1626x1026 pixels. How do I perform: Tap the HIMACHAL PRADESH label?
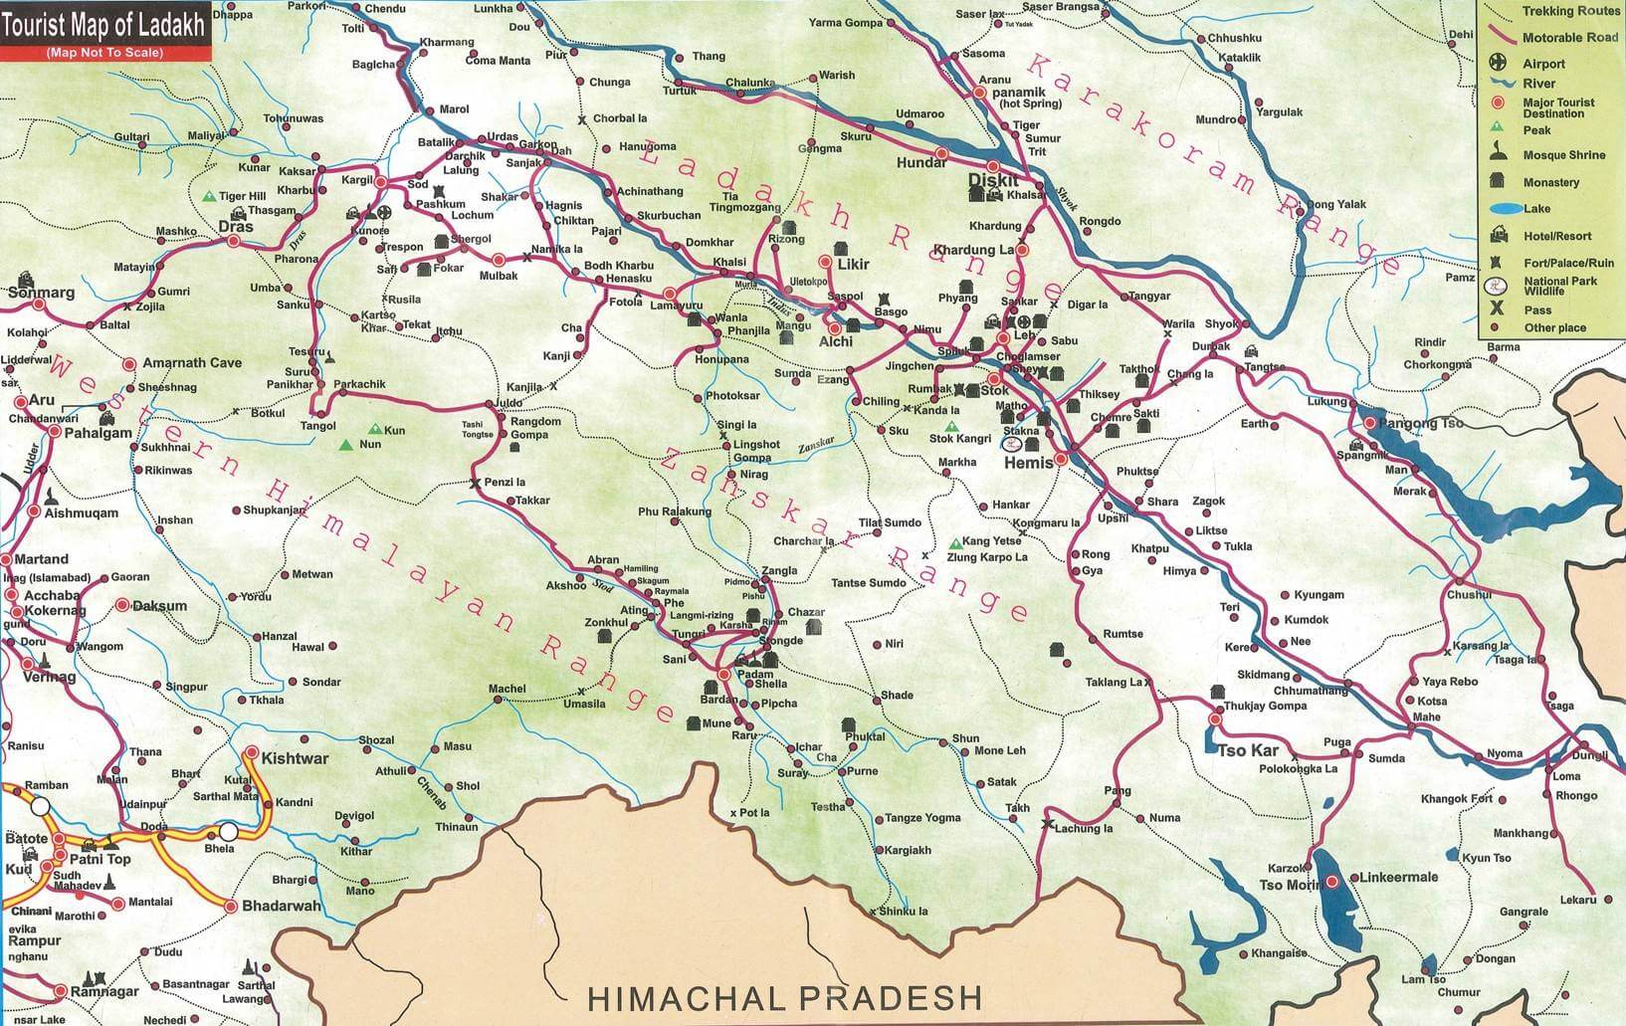point(784,996)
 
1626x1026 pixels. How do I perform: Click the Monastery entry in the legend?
point(1550,182)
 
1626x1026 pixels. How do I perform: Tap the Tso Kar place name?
point(1247,750)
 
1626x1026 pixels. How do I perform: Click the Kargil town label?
point(355,181)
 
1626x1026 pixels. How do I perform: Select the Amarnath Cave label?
point(192,363)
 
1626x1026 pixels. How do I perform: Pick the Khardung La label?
point(972,249)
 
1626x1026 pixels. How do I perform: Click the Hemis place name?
point(1028,463)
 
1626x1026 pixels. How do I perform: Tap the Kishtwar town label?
point(295,758)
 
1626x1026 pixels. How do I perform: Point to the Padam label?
point(755,673)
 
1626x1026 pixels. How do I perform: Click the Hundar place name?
point(921,162)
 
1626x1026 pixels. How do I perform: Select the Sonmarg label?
point(41,294)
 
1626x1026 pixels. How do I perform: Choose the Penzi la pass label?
point(505,483)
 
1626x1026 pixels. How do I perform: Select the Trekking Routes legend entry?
point(1570,12)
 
